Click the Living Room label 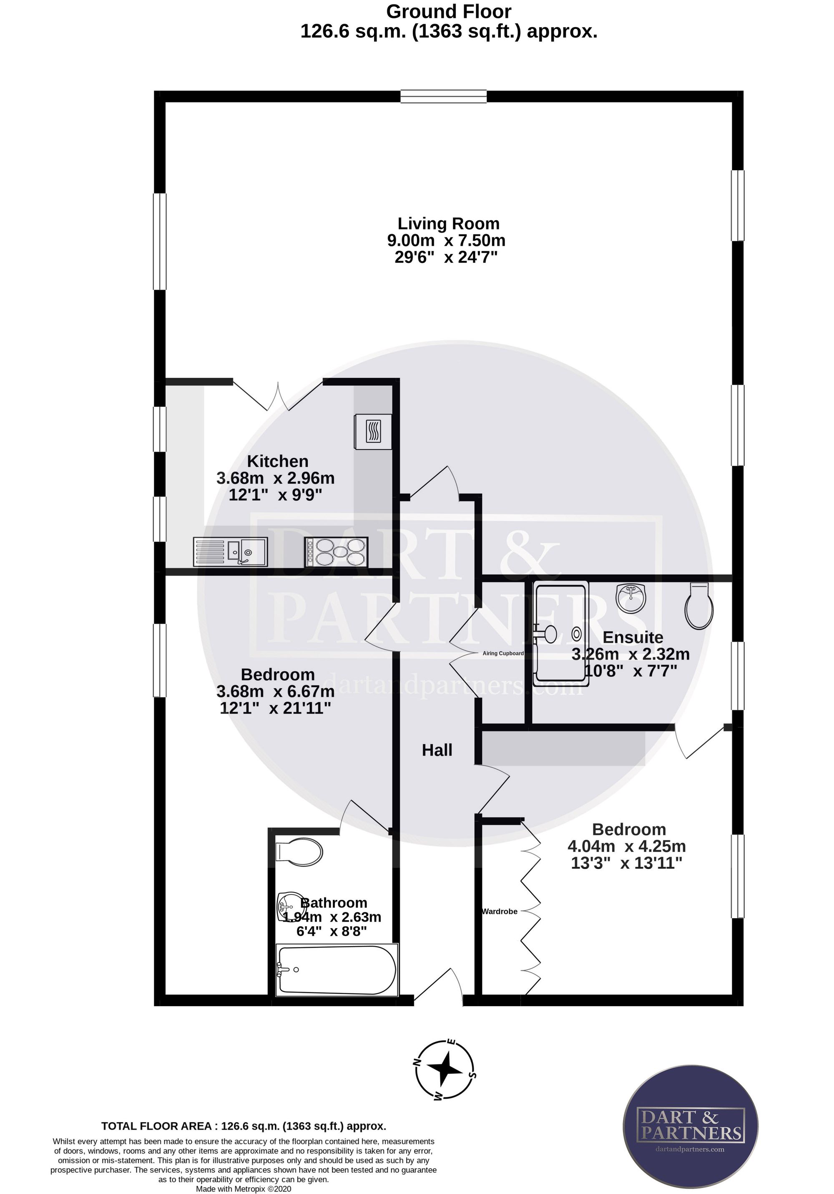[448, 224]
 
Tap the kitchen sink [230, 552]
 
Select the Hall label [437, 750]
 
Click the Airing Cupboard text [503, 653]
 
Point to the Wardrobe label [500, 911]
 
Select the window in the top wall [444, 96]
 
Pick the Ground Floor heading [449, 11]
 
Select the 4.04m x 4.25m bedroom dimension [626, 846]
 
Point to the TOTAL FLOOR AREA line [244, 1126]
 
